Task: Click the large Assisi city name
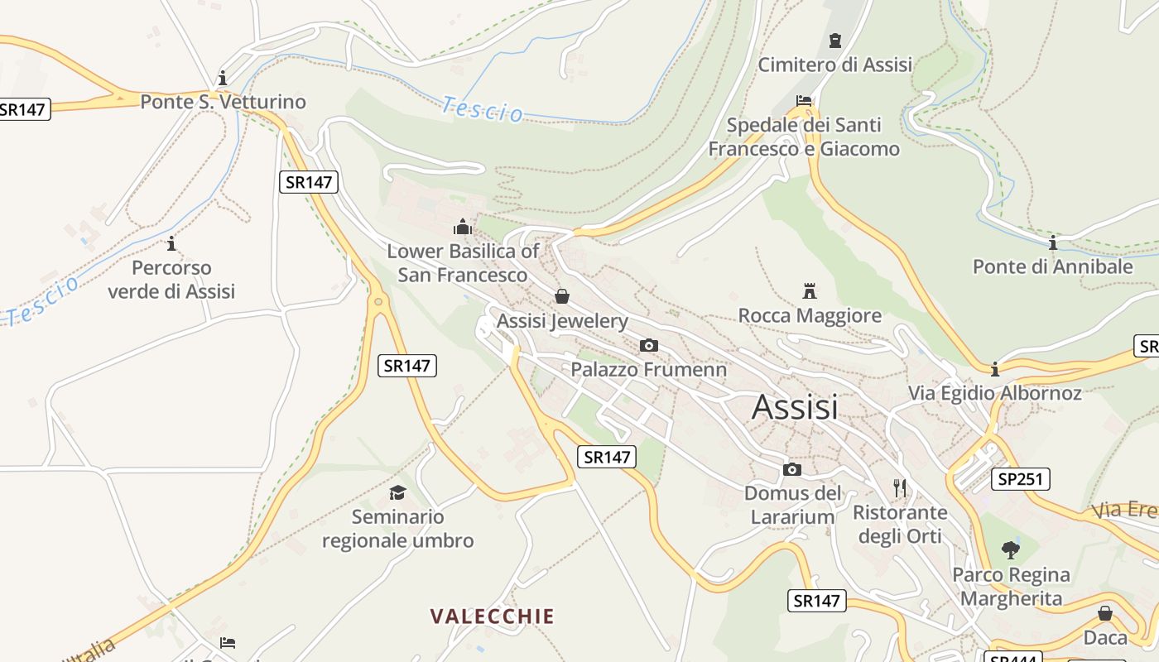[795, 407]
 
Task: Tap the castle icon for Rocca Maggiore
[810, 290]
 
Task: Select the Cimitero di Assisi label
[835, 65]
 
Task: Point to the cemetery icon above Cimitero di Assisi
[834, 40]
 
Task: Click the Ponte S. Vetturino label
[223, 102]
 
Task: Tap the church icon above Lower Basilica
[463, 227]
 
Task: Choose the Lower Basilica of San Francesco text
[463, 262]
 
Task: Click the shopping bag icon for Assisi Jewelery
[562, 296]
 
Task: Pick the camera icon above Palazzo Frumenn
[649, 345]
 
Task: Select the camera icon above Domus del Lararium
[791, 469]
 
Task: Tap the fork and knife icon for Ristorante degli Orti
[900, 487]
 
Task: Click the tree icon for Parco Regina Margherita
[1010, 549]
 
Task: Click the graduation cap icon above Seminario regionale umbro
[397, 492]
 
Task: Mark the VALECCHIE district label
[493, 616]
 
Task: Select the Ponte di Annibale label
[1052, 266]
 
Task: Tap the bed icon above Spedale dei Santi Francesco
[803, 101]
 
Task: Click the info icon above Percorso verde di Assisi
[171, 243]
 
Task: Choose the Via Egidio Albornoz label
[995, 392]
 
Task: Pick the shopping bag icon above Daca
[1104, 613]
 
